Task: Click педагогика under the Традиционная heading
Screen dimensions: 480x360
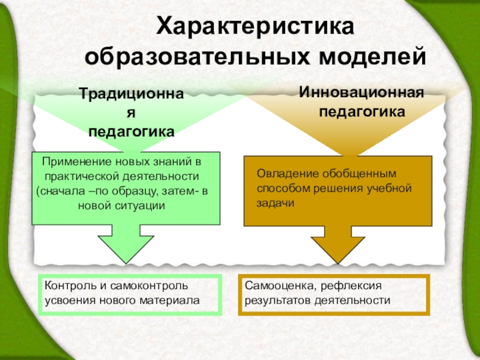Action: [132, 131]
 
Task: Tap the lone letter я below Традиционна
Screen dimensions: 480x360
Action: [132, 113]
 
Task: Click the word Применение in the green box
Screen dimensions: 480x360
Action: [71, 163]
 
